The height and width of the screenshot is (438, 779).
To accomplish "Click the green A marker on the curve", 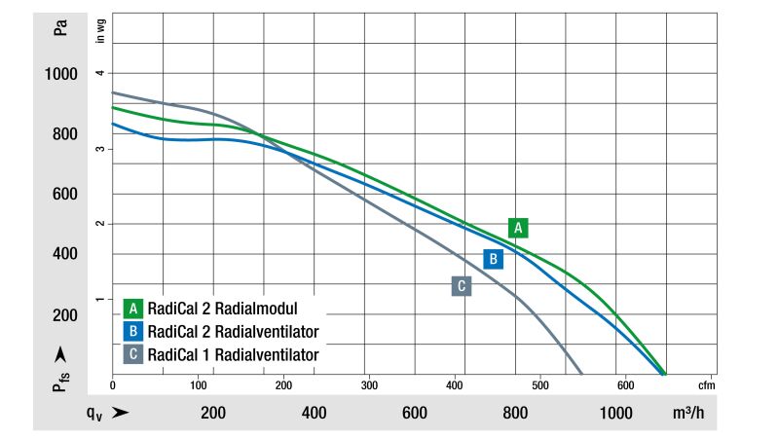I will [519, 228].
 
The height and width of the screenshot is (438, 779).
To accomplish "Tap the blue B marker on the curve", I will [494, 259].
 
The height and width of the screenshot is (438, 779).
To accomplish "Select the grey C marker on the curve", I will [462, 285].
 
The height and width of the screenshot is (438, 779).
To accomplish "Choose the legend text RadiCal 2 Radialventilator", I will [234, 331].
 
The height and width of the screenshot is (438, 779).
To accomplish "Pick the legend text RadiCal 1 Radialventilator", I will [234, 354].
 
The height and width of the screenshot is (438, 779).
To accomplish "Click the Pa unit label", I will [60, 27].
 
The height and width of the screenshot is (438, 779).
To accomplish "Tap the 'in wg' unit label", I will [99, 31].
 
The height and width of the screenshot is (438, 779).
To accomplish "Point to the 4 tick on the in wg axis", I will [99, 74].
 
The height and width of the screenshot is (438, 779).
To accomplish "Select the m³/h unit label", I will [702, 413].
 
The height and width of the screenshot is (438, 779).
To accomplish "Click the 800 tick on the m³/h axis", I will [515, 413].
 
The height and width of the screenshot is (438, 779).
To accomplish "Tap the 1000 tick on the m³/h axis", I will [615, 413].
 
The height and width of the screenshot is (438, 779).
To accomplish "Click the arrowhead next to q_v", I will [122, 413].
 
